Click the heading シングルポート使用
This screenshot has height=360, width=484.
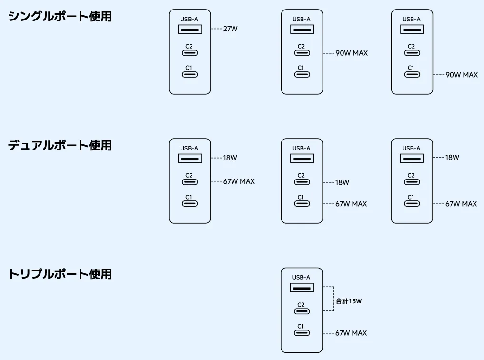pos(60,16)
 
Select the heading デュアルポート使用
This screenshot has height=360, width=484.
pos(60,145)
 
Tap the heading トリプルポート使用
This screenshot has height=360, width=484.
pos(60,274)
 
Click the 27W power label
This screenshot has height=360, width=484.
pos(230,29)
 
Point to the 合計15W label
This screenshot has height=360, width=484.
pos(349,301)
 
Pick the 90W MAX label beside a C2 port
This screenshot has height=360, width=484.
pos(352,53)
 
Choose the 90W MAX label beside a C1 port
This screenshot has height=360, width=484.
pos(462,75)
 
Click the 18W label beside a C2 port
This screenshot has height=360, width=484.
pos(342,182)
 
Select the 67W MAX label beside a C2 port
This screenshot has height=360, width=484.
pos(239,181)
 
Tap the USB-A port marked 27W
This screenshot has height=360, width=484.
pos(190,30)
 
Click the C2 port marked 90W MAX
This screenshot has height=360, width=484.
pos(302,53)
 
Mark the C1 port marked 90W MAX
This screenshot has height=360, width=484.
pos(412,74)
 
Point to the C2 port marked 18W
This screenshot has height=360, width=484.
pos(302,182)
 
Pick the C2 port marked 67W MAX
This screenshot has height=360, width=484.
pos(190,181)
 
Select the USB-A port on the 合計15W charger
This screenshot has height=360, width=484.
pos(302,288)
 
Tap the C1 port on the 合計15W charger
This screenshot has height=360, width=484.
pos(302,333)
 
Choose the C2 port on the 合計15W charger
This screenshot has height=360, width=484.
pos(302,311)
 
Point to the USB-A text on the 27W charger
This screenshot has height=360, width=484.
pos(189,19)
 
